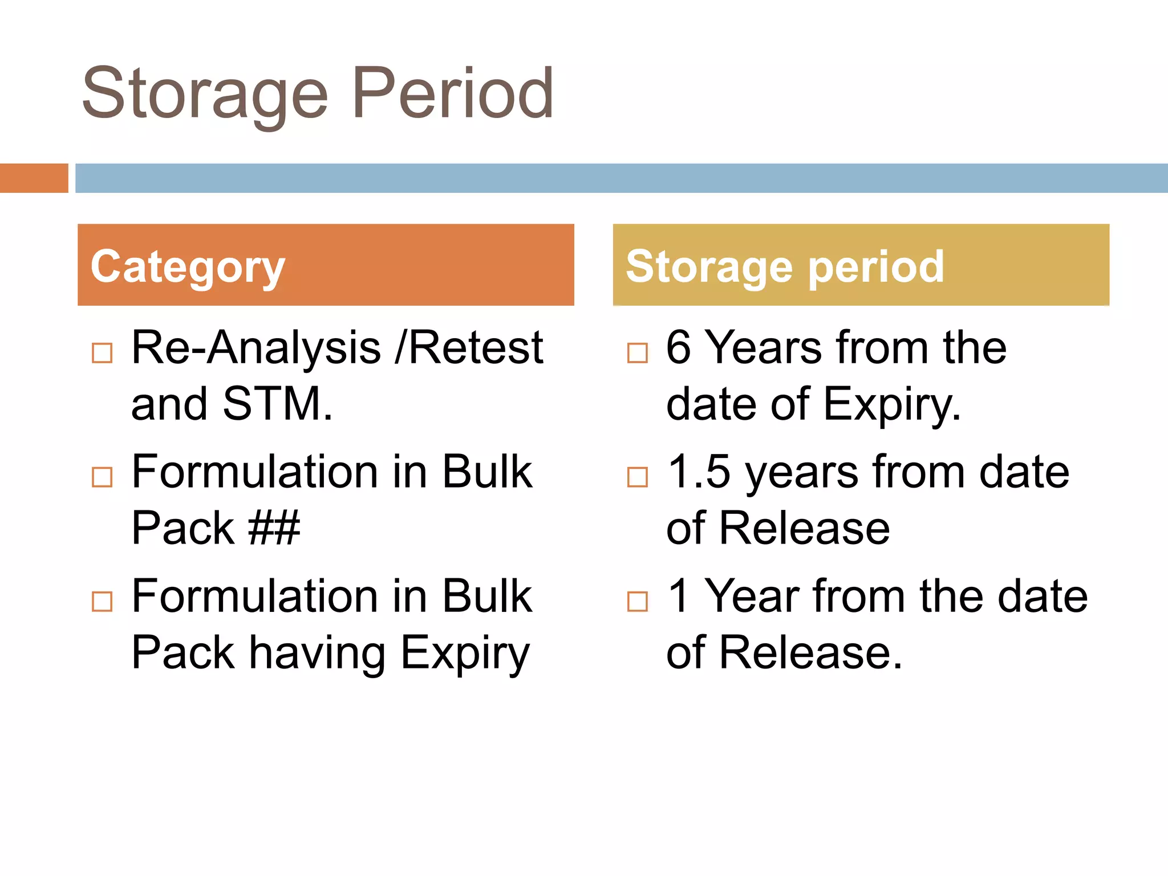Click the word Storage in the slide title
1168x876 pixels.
click(x=205, y=94)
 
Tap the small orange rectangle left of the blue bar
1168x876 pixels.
click(x=34, y=178)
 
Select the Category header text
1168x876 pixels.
click(x=188, y=267)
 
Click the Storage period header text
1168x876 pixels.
click(x=785, y=267)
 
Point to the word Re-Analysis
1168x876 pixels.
click(x=256, y=347)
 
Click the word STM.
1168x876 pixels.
click(x=277, y=404)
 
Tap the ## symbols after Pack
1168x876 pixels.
click(x=274, y=528)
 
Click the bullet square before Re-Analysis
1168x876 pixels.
click(x=102, y=353)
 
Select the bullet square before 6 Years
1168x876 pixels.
click(x=637, y=353)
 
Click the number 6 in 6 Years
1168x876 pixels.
click(x=678, y=347)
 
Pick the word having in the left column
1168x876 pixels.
click(x=317, y=653)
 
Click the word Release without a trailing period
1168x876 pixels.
click(x=804, y=528)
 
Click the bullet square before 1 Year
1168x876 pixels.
click(x=637, y=601)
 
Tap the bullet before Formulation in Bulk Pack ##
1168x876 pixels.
click(x=102, y=477)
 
